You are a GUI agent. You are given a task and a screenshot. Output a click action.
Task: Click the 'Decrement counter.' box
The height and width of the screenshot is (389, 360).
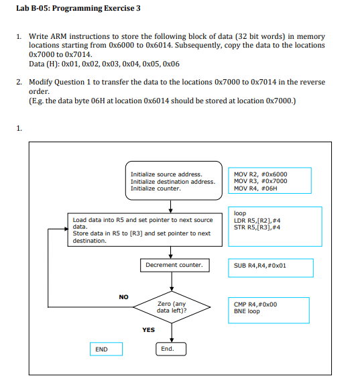174,265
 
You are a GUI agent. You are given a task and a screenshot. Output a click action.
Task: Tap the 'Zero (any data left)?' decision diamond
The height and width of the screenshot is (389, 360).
172,307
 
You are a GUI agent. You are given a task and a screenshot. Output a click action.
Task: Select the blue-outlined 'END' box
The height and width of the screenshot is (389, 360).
101,349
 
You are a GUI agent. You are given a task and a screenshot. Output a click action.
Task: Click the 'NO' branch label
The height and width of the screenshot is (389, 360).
123,296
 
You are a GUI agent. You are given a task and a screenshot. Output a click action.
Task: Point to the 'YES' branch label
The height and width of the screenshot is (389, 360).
148,330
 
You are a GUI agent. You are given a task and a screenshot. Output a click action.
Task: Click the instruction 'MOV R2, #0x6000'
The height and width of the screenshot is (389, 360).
260,174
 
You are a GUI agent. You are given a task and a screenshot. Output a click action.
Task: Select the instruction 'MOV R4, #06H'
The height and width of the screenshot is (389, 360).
256,188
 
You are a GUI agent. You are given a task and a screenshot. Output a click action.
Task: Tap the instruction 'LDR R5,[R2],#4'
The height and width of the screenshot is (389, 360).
257,220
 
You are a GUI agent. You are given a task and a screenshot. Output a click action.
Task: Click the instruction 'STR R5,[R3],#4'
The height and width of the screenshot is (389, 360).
257,227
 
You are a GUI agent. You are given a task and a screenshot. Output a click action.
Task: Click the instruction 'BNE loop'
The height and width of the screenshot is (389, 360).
247,311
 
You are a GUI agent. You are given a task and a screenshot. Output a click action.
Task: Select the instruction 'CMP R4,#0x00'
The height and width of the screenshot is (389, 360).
255,304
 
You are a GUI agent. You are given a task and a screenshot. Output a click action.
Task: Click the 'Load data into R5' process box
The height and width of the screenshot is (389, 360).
143,230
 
